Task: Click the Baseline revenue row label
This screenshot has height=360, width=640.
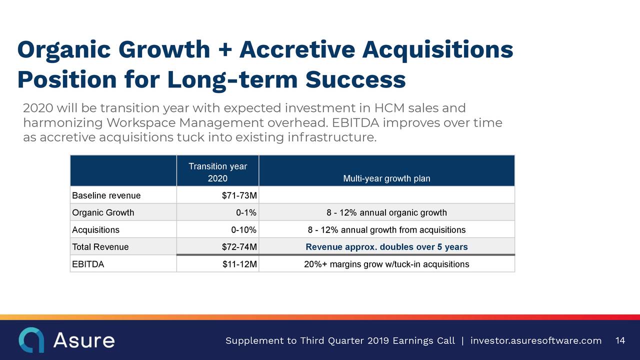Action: coord(106,195)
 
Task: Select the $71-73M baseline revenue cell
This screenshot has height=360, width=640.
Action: coord(239,195)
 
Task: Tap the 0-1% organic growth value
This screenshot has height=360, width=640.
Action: coord(246,212)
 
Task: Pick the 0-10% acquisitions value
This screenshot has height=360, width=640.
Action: coord(243,229)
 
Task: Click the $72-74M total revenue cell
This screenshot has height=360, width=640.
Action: coord(239,247)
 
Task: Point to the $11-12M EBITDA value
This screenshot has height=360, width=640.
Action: coord(239,264)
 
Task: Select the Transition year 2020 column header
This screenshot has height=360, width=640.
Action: coord(217,172)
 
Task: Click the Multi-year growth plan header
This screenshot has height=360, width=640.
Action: coord(386,178)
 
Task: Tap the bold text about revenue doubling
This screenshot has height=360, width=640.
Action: coord(386,247)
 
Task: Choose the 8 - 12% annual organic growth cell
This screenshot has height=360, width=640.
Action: coord(386,212)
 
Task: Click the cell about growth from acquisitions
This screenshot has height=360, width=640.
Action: coord(386,229)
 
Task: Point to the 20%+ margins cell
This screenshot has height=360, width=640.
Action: coord(386,264)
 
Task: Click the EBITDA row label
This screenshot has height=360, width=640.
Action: coord(88,264)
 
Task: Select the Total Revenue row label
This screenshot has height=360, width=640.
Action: coord(100,247)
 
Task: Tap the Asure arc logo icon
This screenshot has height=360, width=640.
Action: coord(31,339)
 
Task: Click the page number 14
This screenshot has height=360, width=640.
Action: coord(620,340)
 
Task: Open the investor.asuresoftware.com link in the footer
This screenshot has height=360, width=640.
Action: coord(536,340)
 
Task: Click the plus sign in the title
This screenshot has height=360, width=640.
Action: coord(225,49)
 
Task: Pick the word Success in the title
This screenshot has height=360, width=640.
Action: coord(355,79)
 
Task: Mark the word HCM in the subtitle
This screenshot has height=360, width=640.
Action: coord(389,108)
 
